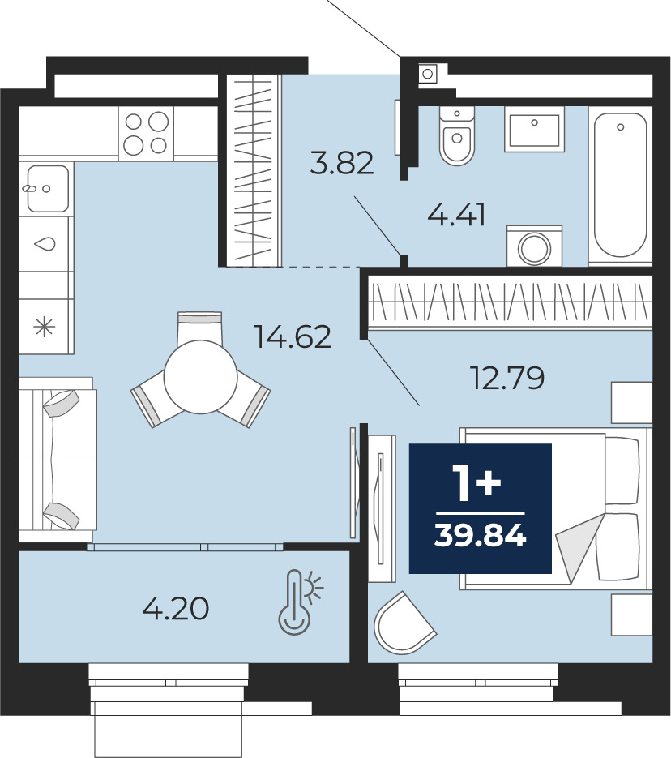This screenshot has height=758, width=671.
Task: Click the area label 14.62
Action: click(x=293, y=337)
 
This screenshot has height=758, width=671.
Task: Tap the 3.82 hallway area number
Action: click(x=342, y=163)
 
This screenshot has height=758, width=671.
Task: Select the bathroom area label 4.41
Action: click(x=456, y=215)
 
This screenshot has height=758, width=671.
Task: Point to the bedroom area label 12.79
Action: click(x=507, y=378)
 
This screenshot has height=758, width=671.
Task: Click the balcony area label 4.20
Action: click(x=176, y=608)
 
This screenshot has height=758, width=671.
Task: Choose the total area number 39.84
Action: click(x=481, y=535)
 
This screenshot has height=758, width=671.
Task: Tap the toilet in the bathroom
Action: click(x=457, y=136)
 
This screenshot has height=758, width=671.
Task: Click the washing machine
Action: click(x=534, y=246)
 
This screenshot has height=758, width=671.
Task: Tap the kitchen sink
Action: click(x=47, y=189)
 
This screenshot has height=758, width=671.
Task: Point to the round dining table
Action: click(x=200, y=377)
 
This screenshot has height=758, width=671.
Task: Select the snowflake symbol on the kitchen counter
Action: click(x=45, y=327)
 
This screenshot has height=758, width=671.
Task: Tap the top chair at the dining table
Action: click(x=200, y=327)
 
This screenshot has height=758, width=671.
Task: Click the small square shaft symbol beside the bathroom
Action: click(x=428, y=74)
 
